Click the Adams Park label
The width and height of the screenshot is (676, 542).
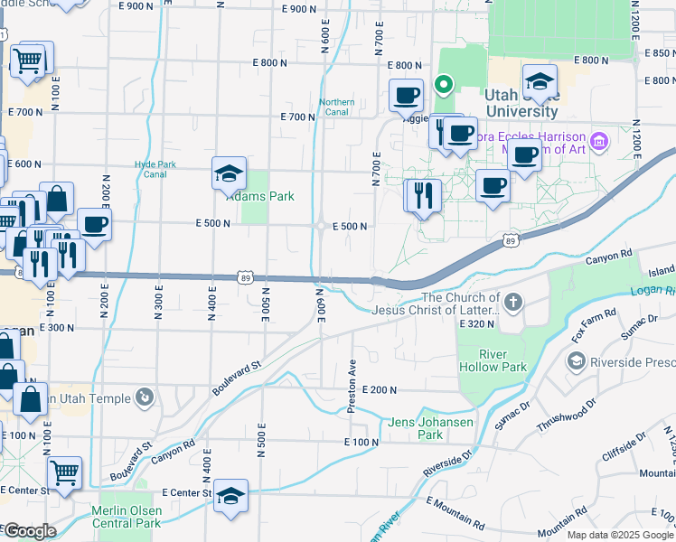pyautogui.click(x=260, y=196)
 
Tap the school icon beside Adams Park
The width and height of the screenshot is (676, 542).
pyautogui.click(x=230, y=173)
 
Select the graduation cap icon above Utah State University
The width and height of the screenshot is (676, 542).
pyautogui.click(x=540, y=80)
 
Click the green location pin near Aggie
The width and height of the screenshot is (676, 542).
pyautogui.click(x=444, y=86)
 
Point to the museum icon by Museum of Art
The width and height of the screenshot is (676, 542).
pyautogui.click(x=597, y=142)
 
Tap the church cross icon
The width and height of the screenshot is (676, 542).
pyautogui.click(x=513, y=302)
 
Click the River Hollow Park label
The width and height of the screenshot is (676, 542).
pyautogui.click(x=503, y=360)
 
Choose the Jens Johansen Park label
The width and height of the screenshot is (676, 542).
pyautogui.click(x=416, y=428)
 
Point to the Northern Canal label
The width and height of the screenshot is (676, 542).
pyautogui.click(x=337, y=107)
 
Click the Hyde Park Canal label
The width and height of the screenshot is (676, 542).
pyautogui.click(x=149, y=169)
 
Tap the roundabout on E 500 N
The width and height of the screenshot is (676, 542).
pyautogui.click(x=322, y=226)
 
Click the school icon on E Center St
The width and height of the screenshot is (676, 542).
pyautogui.click(x=231, y=495)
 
